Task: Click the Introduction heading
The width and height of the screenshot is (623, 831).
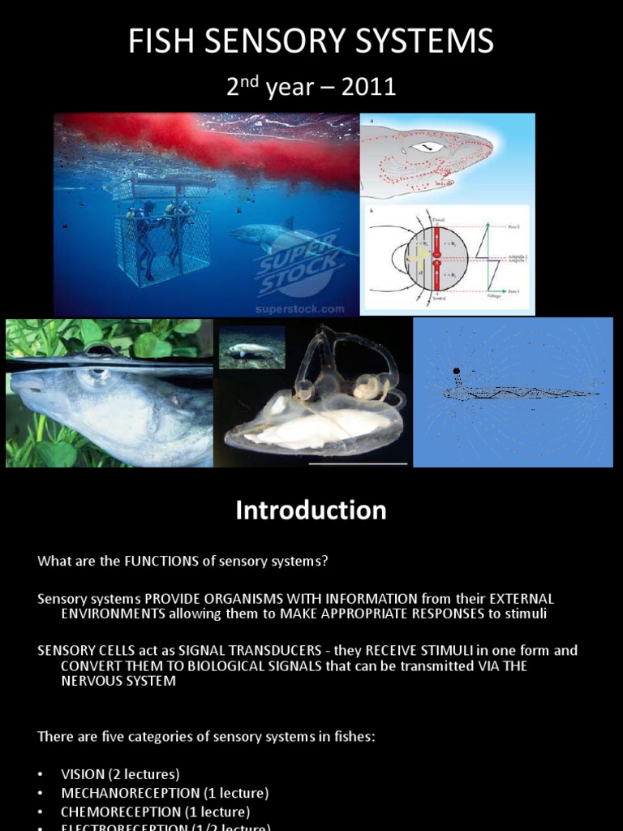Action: (311, 510)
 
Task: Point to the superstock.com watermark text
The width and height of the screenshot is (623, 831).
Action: (300, 309)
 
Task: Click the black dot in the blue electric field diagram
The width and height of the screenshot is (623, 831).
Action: (457, 372)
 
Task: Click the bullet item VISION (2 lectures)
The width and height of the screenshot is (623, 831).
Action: (120, 773)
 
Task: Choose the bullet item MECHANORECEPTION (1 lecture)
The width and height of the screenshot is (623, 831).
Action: (165, 793)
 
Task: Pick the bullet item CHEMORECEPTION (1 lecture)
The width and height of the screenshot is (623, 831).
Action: (156, 812)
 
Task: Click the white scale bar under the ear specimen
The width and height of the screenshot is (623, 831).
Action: (358, 463)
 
